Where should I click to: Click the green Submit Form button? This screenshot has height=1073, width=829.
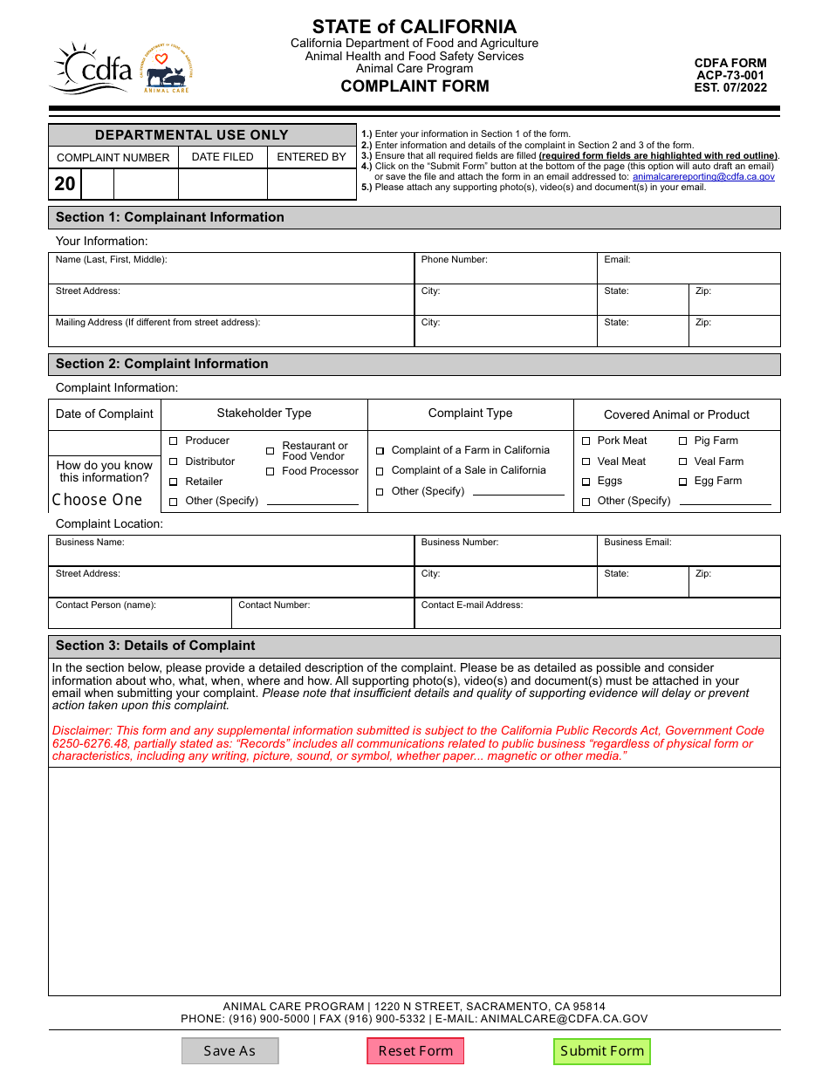point(602,1050)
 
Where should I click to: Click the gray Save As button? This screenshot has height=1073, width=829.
point(230,1050)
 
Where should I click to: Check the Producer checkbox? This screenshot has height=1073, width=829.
point(174,441)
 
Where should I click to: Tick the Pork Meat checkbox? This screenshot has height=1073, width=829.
point(586,441)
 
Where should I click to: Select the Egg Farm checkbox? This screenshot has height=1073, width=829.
point(682,482)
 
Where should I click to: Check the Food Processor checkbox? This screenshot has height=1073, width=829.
point(271,472)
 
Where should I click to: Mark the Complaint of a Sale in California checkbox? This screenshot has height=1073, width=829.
point(380,471)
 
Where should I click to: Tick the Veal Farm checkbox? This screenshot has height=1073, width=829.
point(682,461)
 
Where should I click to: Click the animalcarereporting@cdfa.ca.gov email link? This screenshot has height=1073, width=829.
point(703,176)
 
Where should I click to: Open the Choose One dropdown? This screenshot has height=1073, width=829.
point(98,500)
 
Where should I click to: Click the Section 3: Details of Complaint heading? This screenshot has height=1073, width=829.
point(155,646)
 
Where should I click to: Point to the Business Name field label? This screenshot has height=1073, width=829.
point(90,543)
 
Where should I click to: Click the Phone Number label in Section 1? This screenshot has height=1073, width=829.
point(454,260)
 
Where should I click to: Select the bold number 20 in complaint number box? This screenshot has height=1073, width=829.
point(65,184)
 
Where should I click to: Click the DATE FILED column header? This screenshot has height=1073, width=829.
point(223,157)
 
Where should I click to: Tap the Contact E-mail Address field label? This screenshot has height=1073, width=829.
point(472,605)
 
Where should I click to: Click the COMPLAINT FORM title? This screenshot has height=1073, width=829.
point(414,85)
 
